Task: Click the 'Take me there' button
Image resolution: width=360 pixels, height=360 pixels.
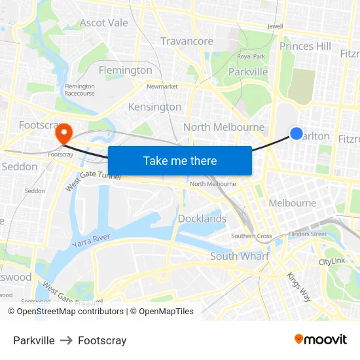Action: click(x=180, y=160)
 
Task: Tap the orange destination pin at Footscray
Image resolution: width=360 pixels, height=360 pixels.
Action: click(x=63, y=134)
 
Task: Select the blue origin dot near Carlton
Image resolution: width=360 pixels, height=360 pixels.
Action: click(x=296, y=134)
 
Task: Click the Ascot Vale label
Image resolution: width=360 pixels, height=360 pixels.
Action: click(x=103, y=23)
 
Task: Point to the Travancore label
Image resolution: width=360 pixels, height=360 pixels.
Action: click(x=187, y=41)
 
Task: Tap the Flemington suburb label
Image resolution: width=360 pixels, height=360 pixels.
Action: click(x=125, y=70)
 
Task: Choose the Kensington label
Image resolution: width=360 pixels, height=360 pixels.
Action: click(x=154, y=107)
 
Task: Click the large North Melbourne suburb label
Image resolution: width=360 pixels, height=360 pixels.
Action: click(x=224, y=127)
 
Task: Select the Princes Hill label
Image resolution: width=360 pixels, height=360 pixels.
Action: click(x=305, y=46)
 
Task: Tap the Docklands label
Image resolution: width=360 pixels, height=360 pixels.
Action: click(x=202, y=219)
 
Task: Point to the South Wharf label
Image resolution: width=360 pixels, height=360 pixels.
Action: click(x=239, y=256)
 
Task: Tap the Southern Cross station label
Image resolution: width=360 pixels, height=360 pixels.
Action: click(x=251, y=236)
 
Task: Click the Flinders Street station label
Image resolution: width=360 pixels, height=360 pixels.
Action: click(x=307, y=234)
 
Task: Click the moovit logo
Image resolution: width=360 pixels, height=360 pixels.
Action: click(x=321, y=340)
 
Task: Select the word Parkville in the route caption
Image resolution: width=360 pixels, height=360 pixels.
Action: click(x=34, y=340)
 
